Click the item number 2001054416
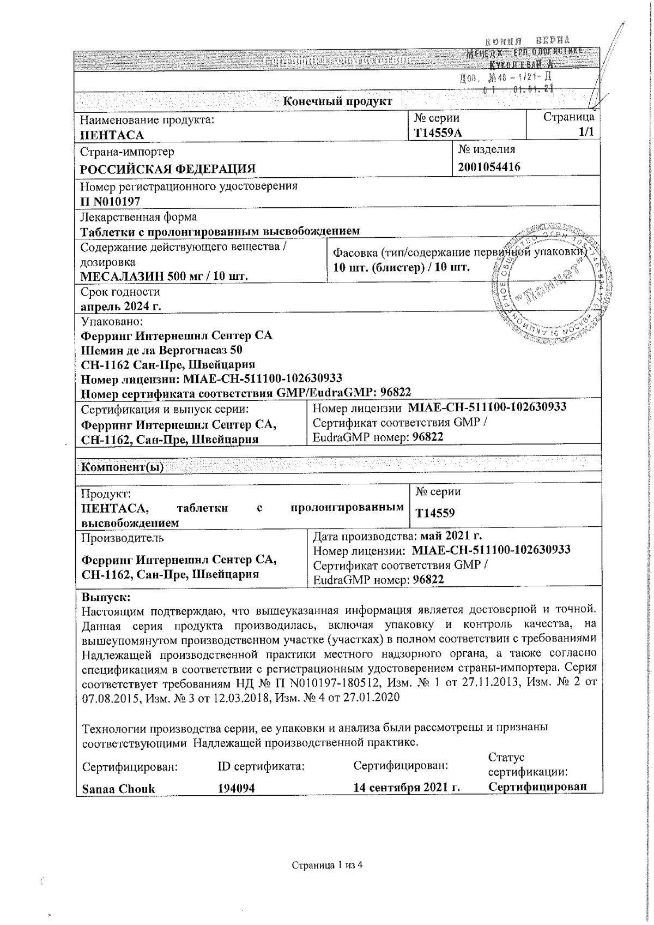(x=489, y=166)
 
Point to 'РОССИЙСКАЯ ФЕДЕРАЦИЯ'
(x=168, y=169)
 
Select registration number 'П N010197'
(x=110, y=201)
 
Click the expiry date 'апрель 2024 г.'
(x=120, y=306)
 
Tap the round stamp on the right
(x=551, y=284)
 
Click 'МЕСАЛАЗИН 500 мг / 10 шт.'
(x=164, y=276)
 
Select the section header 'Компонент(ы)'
(x=122, y=467)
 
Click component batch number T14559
(x=435, y=513)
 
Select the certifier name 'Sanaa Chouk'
(x=118, y=789)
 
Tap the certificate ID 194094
(x=236, y=789)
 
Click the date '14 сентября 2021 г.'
(x=407, y=788)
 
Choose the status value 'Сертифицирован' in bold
(x=537, y=786)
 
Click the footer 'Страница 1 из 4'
(x=327, y=865)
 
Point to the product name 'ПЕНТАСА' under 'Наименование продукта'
(x=112, y=135)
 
